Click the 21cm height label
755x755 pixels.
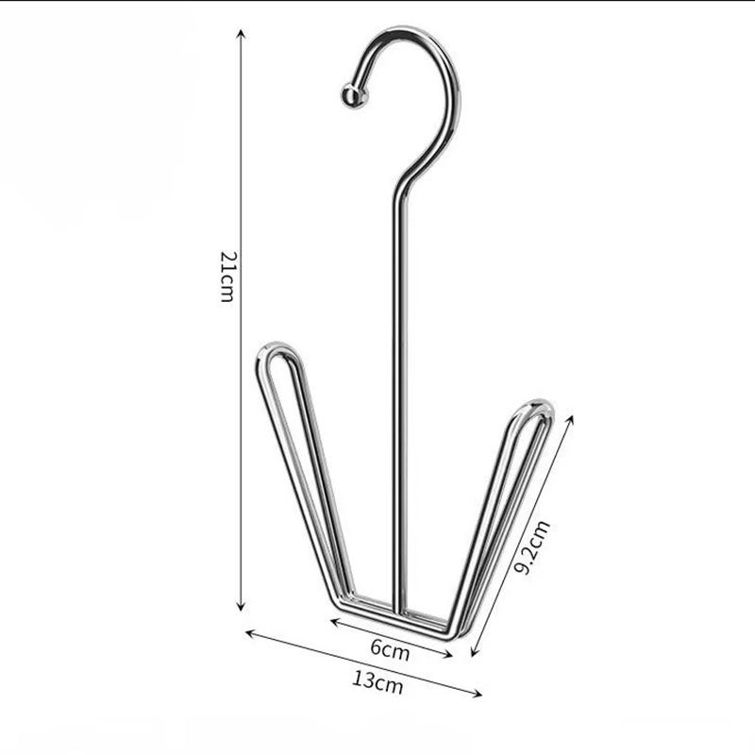(x=226, y=277)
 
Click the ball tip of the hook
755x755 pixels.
(x=351, y=95)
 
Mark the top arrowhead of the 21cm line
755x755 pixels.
(x=241, y=32)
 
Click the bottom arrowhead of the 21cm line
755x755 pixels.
(x=241, y=608)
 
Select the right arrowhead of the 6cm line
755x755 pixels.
(x=453, y=655)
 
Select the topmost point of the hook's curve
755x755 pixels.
(x=406, y=31)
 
